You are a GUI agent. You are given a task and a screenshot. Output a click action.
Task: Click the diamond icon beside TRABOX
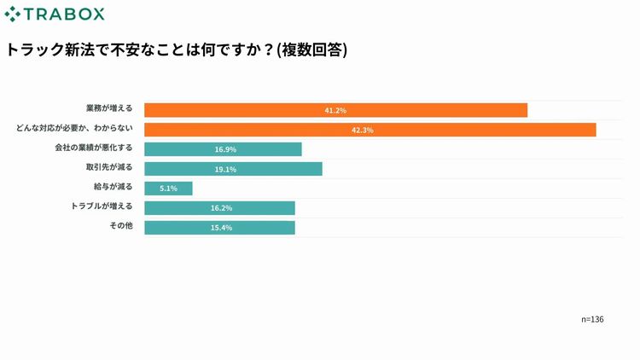[13, 15]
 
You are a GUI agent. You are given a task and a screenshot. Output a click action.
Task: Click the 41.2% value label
[335, 110]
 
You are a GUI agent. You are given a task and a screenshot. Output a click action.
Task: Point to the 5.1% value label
[169, 189]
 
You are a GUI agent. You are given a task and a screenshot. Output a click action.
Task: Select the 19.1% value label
[225, 169]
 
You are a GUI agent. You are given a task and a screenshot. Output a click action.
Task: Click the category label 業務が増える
[109, 109]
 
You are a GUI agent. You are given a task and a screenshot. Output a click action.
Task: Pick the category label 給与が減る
[113, 187]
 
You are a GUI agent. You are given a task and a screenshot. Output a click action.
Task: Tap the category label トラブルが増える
[101, 206]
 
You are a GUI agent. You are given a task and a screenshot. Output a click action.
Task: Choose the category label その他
[121, 226]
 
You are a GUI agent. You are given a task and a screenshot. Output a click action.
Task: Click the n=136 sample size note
[592, 319]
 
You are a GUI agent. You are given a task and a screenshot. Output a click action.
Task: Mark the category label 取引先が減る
[109, 167]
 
